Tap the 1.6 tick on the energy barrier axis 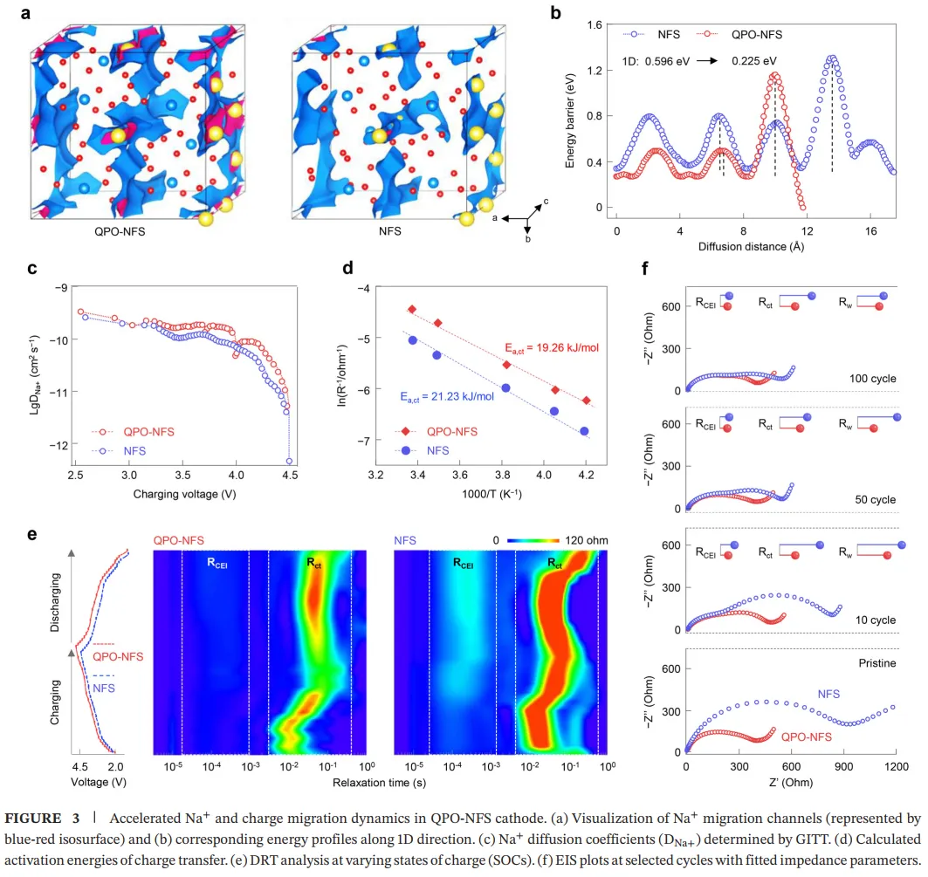[595, 25]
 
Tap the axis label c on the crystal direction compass [546, 202]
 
